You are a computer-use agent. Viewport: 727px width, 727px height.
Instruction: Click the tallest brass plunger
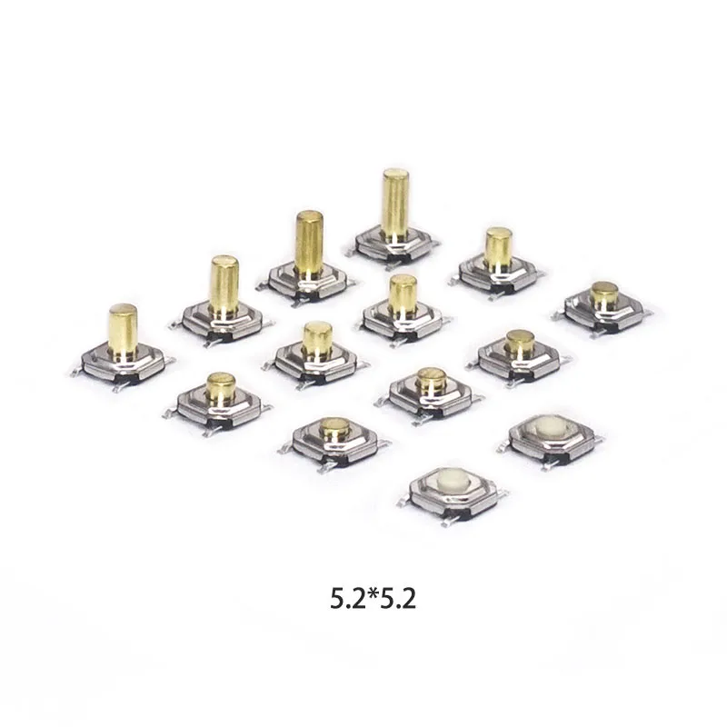pyautogui.click(x=395, y=203)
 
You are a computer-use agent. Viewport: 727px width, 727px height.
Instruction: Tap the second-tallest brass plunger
pyautogui.click(x=309, y=244)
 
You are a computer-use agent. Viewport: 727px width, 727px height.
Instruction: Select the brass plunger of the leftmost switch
pyautogui.click(x=123, y=329)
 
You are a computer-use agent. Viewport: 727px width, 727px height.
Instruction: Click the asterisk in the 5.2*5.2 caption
pyautogui.click(x=373, y=593)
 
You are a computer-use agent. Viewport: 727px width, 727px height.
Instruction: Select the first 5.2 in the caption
pyautogui.click(x=348, y=599)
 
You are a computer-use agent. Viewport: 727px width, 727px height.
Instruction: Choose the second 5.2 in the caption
pyautogui.click(x=398, y=599)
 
